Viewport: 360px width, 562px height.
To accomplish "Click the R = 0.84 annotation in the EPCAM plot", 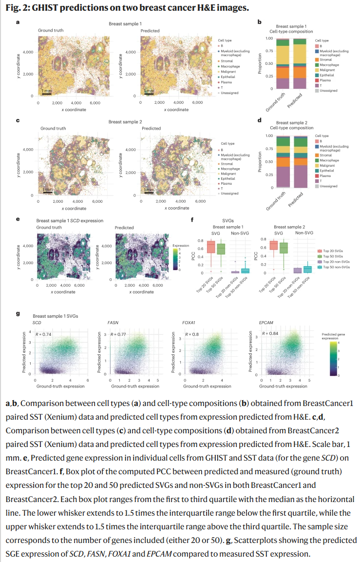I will [x=271, y=333].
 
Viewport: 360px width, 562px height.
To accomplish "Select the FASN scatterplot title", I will [x=112, y=323].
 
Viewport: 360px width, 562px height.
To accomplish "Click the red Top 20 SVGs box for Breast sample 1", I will [x=210, y=247].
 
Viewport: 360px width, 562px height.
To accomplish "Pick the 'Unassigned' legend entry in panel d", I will [x=328, y=186].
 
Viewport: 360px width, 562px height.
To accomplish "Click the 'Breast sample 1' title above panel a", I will [x=125, y=24].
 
